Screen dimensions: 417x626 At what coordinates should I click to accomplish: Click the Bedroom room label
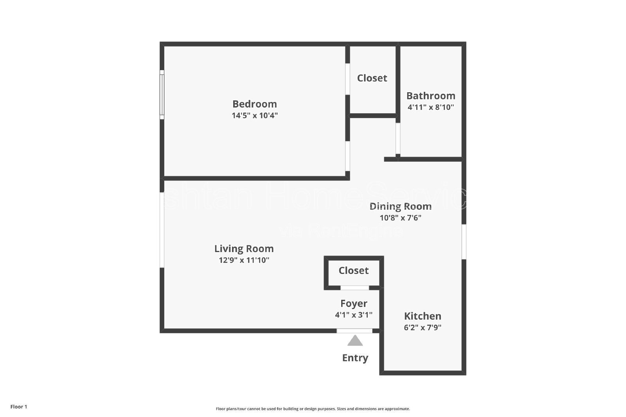click(x=254, y=104)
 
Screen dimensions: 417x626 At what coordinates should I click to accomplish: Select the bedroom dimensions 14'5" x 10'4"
click(x=254, y=116)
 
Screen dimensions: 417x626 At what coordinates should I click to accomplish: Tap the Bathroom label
click(x=430, y=96)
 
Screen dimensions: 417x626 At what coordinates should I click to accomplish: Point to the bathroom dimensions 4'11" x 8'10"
click(x=430, y=107)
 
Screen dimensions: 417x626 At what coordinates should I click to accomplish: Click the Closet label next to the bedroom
click(x=372, y=78)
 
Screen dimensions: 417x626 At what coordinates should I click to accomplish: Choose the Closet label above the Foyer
click(x=353, y=270)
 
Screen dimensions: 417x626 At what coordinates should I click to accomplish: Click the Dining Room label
click(x=400, y=206)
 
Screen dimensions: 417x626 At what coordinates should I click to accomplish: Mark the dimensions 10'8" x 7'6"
click(x=400, y=218)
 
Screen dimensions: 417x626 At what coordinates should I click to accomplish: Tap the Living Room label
click(x=244, y=249)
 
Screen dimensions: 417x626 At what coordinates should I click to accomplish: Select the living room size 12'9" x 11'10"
click(x=244, y=260)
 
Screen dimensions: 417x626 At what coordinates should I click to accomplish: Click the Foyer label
click(x=353, y=303)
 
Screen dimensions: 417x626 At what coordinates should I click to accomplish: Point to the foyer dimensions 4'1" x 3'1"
click(x=353, y=315)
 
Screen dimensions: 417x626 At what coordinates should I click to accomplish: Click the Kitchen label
click(x=423, y=316)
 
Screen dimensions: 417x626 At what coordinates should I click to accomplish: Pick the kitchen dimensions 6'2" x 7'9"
click(x=423, y=328)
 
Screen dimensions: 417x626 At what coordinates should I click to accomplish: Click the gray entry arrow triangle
click(x=355, y=341)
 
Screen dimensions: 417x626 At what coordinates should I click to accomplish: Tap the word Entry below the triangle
click(x=355, y=358)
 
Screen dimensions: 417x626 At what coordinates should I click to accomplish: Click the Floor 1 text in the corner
click(x=19, y=406)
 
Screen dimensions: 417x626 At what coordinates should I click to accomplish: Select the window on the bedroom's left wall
click(x=162, y=95)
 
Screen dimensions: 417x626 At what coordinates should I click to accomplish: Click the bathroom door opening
click(x=398, y=138)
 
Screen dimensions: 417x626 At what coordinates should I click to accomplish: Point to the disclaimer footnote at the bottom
click(x=313, y=409)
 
